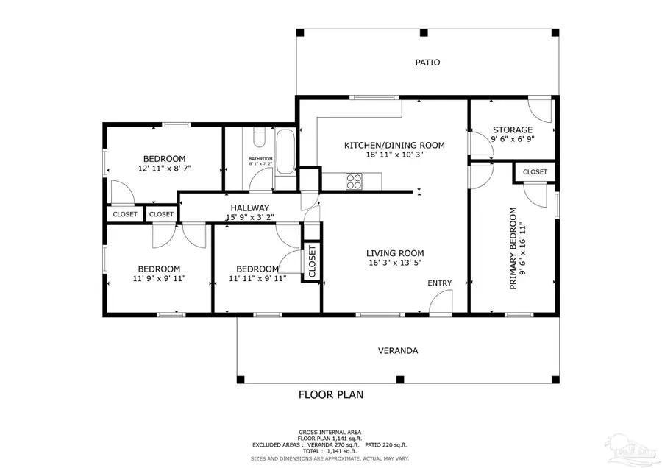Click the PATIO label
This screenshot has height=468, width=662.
[427, 63]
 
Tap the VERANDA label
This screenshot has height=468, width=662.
[398, 351]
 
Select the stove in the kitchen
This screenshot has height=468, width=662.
[354, 180]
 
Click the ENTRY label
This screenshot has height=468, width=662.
[440, 283]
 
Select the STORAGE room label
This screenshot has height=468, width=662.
[512, 130]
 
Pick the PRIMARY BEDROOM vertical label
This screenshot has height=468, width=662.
[513, 248]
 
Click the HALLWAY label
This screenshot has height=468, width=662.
[249, 208]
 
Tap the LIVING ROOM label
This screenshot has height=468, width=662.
[395, 253]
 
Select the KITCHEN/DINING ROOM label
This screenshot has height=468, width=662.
[394, 146]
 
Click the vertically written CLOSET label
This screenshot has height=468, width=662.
[312, 262]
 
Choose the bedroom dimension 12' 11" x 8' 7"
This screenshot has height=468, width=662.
[163, 169]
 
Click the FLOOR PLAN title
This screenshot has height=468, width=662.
[330, 394]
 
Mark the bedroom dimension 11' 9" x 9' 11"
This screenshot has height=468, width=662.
[160, 279]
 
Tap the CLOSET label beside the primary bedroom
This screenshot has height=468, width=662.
[535, 172]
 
